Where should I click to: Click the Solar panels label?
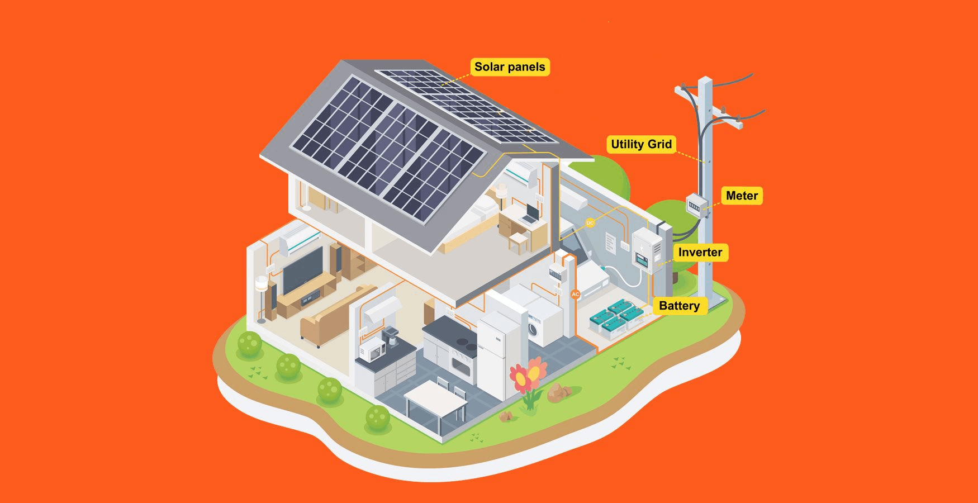tap(510, 67)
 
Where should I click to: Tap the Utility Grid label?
tap(641, 144)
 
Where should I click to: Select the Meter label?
tap(742, 196)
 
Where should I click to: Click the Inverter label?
tap(700, 252)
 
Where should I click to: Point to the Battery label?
tap(679, 306)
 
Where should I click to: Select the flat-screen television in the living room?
tap(302, 271)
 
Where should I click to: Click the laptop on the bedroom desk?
tap(530, 214)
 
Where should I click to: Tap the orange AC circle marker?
tap(575, 295)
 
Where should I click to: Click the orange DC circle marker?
tap(590, 224)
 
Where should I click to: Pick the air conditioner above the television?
tap(300, 241)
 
